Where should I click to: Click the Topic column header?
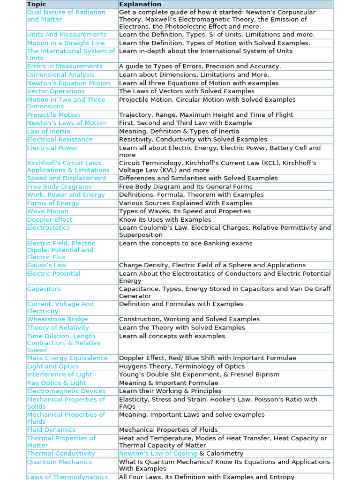click(x=37, y=4)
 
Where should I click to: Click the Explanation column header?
click(x=140, y=4)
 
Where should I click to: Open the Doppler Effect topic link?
click(x=50, y=219)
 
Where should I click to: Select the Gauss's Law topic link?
click(x=46, y=265)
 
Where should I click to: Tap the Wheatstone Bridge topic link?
click(x=57, y=319)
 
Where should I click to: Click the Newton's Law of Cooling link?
click(x=158, y=453)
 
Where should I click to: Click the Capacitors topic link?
click(x=44, y=289)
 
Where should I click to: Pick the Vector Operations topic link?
click(x=56, y=91)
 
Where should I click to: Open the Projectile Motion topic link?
click(x=53, y=115)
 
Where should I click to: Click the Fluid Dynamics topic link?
click(x=51, y=430)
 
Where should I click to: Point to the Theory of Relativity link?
click(x=58, y=328)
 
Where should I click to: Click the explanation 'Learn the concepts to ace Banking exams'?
click(x=186, y=243)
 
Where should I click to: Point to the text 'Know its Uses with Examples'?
click(x=165, y=219)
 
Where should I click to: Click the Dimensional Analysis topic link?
click(x=60, y=75)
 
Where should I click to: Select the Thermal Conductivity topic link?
click(x=61, y=453)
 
